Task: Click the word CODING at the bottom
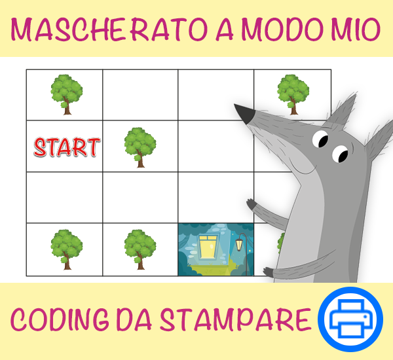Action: pyautogui.click(x=60, y=319)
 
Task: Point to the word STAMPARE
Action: pyautogui.click(x=235, y=319)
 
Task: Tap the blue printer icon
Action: pyautogui.click(x=350, y=319)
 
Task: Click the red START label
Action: pyautogui.click(x=67, y=147)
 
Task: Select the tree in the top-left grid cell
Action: pyautogui.click(x=66, y=94)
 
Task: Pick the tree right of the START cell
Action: pyautogui.click(x=140, y=147)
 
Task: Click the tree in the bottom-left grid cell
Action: pyautogui.click(x=66, y=249)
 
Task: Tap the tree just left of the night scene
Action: pyautogui.click(x=140, y=249)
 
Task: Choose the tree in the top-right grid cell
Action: pyautogui.click(x=293, y=94)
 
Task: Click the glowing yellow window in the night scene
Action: pyautogui.click(x=208, y=247)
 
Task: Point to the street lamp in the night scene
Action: pyautogui.click(x=242, y=253)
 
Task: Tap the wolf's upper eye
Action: pyautogui.click(x=320, y=139)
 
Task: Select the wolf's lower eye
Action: pyautogui.click(x=341, y=154)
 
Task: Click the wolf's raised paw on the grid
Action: pyautogui.click(x=252, y=205)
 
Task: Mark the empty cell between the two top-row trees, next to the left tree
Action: pyautogui.click(x=140, y=95)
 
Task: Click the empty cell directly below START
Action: pyautogui.click(x=64, y=198)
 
